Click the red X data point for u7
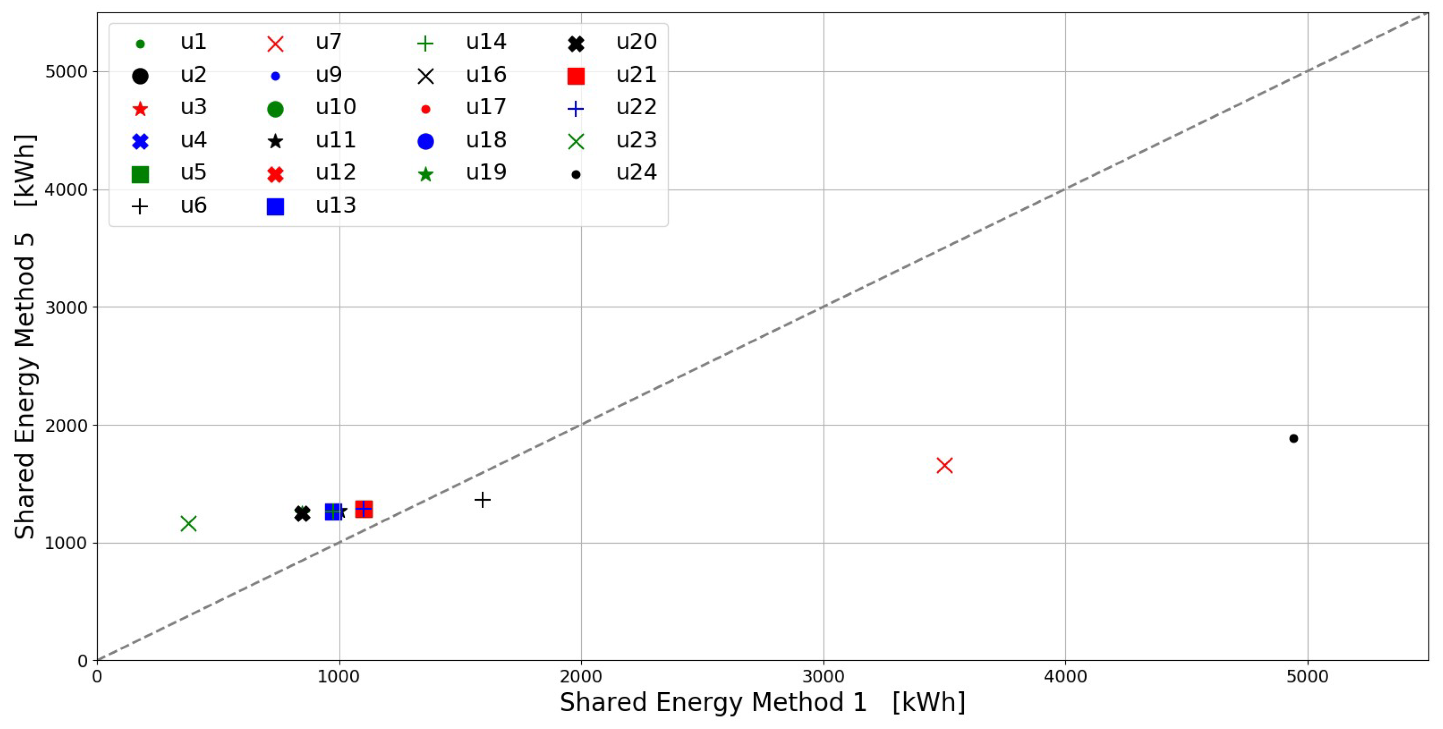tap(944, 465)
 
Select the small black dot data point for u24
tap(1294, 438)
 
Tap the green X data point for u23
tap(189, 523)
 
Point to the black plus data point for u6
tap(482, 500)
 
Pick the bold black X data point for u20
tap(302, 513)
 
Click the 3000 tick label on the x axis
tap(823, 676)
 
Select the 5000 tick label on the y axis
tap(66, 72)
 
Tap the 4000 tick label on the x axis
tap(1065, 676)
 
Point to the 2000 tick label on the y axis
tap(66, 426)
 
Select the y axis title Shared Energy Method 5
tap(25, 336)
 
